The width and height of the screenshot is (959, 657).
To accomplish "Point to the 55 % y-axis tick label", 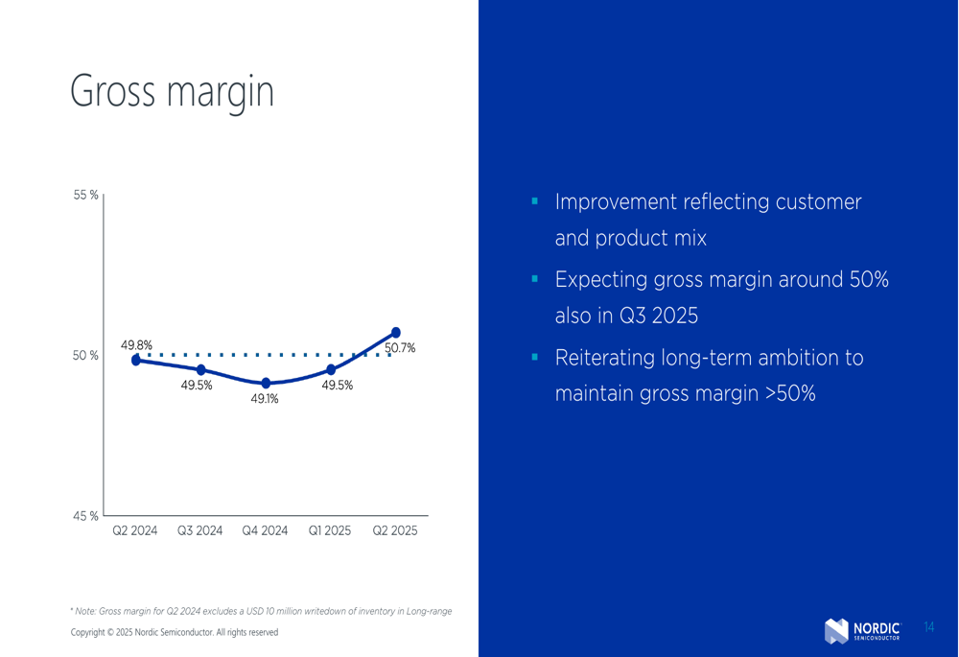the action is [85, 195].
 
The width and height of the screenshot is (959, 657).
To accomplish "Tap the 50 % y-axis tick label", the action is [85, 356].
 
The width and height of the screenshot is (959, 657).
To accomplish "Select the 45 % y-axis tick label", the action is [85, 516].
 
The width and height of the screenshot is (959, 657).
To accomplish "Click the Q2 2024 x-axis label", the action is [134, 530].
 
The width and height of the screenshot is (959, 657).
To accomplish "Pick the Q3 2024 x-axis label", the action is [200, 530].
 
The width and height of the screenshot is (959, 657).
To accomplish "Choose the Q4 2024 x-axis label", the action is [265, 530].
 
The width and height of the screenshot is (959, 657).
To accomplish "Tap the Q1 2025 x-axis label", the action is [330, 530].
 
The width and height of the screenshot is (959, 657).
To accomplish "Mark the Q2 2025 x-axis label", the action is [395, 530].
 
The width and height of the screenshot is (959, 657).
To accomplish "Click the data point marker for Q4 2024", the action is [266, 384].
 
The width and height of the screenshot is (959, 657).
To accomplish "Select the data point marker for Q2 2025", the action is [396, 333].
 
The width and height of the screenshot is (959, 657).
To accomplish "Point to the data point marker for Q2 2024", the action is [136, 361].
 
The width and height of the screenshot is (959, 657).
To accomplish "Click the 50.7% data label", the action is [400, 348].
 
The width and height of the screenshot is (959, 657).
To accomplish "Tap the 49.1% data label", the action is [265, 399].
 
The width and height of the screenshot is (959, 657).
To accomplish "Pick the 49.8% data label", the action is [136, 345].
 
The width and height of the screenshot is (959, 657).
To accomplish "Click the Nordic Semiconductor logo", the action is [862, 631].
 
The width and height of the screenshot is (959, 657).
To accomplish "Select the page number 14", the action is [929, 627].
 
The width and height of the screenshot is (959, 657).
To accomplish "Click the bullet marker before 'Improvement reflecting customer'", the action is [535, 200].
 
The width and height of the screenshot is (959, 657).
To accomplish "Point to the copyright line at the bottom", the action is [175, 632].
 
